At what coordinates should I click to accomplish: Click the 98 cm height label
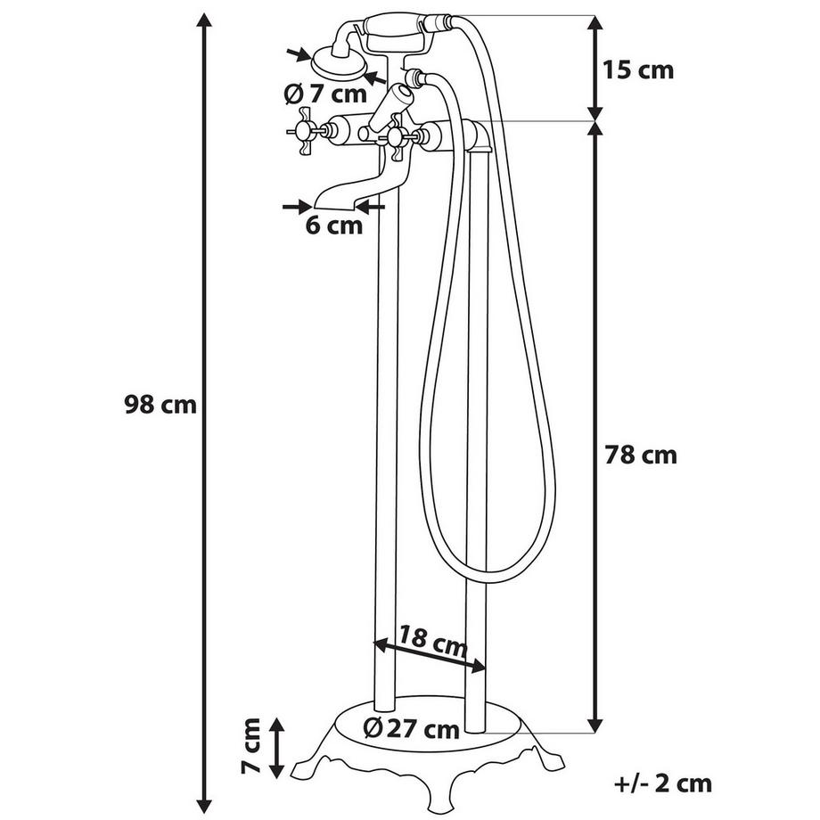click(x=160, y=405)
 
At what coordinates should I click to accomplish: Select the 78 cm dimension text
click(x=641, y=455)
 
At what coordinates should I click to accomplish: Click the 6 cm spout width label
click(x=334, y=225)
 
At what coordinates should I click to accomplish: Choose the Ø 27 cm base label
click(x=412, y=729)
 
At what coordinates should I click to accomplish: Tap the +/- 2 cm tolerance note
click(x=664, y=783)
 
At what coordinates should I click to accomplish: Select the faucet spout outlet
click(x=331, y=199)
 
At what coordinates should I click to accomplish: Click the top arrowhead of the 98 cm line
click(x=206, y=23)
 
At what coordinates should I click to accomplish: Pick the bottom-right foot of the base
click(x=553, y=765)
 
